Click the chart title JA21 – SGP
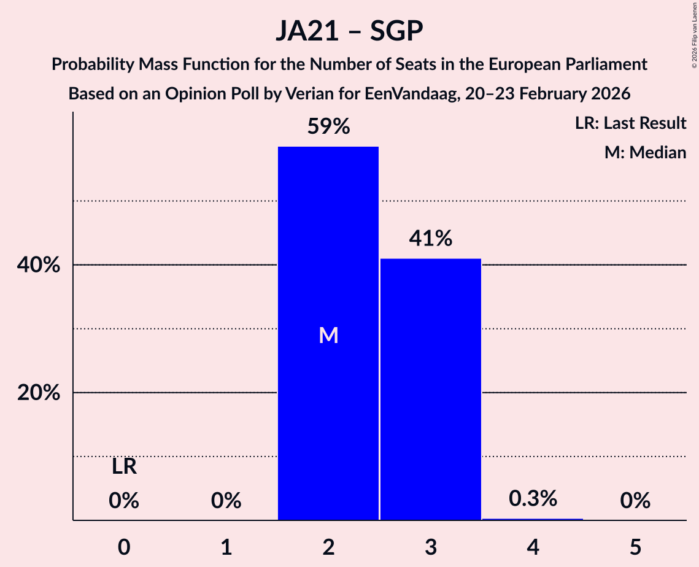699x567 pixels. pyautogui.click(x=349, y=31)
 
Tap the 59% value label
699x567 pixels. pyautogui.click(x=328, y=127)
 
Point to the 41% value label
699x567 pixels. pyautogui.click(x=430, y=239)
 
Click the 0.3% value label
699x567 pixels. pyautogui.click(x=533, y=498)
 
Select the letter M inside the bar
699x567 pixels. pyautogui.click(x=328, y=335)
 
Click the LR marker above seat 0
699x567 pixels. pyautogui.click(x=124, y=467)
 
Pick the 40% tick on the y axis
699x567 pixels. pyautogui.click(x=39, y=265)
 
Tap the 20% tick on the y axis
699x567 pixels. pyautogui.click(x=39, y=393)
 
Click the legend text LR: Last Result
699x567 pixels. pyautogui.click(x=630, y=123)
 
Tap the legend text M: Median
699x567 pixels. pyautogui.click(x=645, y=152)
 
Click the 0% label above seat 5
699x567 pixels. pyautogui.click(x=635, y=501)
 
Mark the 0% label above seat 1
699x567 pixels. pyautogui.click(x=226, y=501)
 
